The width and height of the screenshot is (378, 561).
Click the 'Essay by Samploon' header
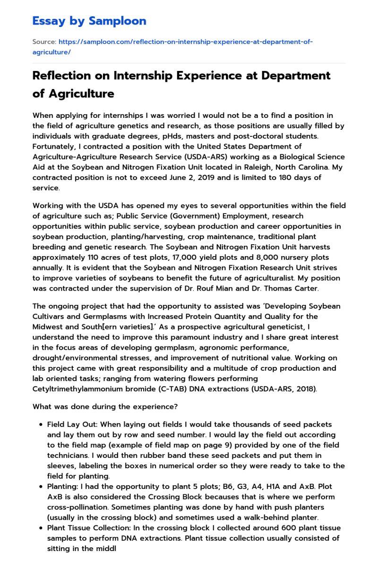click(89, 21)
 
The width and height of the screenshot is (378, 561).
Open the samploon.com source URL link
click(172, 47)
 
